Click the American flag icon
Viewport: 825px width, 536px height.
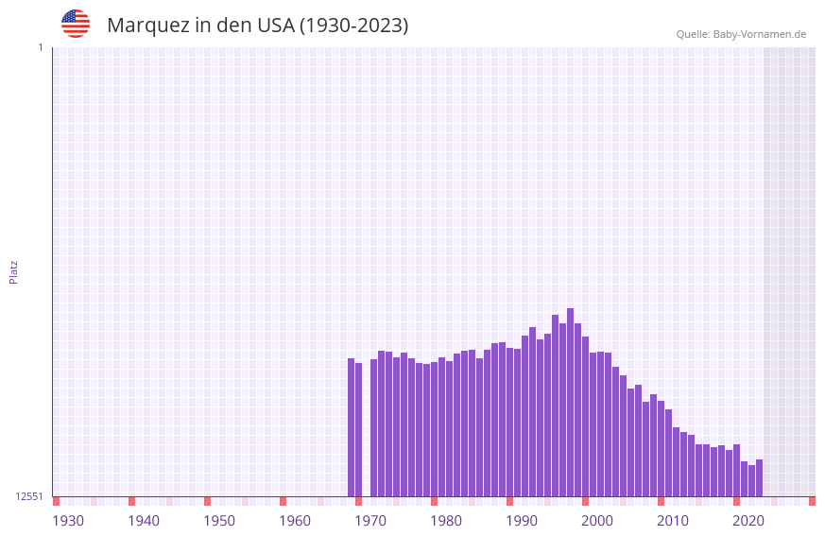tap(76, 24)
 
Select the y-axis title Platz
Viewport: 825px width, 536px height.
tap(13, 271)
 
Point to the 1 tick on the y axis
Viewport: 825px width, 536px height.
tap(40, 47)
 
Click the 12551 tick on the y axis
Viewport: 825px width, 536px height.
tap(30, 496)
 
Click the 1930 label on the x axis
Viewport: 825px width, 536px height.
tap(68, 521)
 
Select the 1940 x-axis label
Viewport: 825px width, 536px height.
tap(144, 521)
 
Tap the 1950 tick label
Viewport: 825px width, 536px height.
tap(219, 521)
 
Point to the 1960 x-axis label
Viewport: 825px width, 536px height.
tap(295, 521)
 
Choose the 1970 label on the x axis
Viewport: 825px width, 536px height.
tap(370, 521)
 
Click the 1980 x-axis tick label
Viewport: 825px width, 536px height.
tap(446, 521)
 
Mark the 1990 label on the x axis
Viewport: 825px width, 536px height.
tap(522, 521)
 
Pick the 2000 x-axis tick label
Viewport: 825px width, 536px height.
tap(597, 521)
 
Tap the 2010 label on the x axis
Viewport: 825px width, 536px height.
tap(673, 521)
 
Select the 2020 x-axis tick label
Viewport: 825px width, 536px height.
tap(748, 521)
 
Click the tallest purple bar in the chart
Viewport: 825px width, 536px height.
tap(570, 402)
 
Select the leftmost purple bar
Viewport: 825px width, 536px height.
tap(351, 427)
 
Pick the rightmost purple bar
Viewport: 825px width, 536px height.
tap(759, 477)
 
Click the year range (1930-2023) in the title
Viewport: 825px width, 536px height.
tap(353, 26)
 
